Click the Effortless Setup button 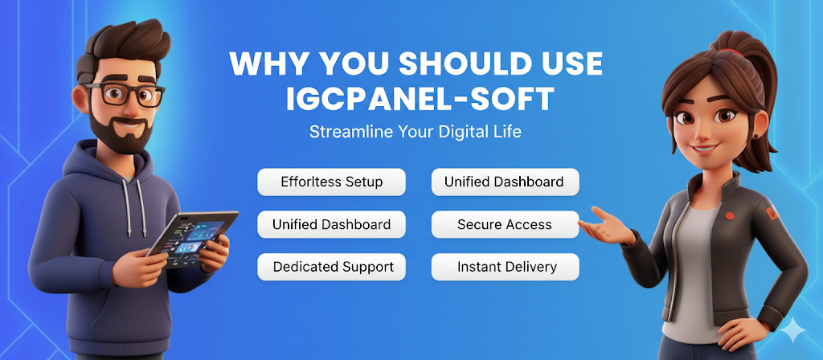331,182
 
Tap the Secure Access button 505,225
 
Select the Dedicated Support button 331,267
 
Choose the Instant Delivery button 505,267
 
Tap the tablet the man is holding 193,238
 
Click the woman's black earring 756,136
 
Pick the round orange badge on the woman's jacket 730,215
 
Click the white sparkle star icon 792,330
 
